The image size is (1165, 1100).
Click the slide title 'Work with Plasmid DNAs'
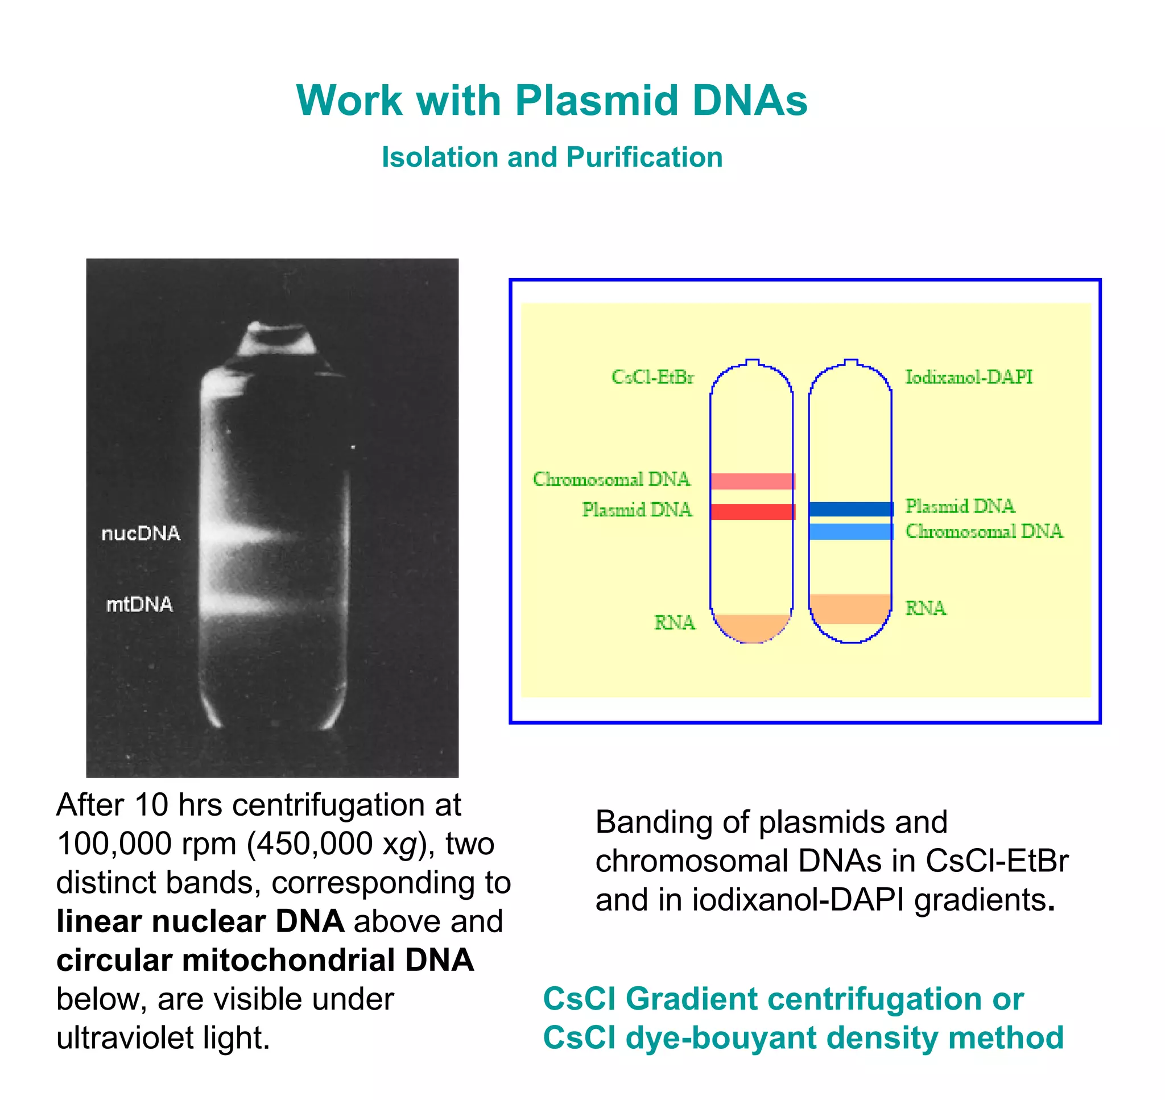pyautogui.click(x=552, y=100)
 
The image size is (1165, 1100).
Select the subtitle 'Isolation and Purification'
pyautogui.click(x=552, y=157)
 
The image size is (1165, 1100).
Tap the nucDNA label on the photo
pyautogui.click(x=141, y=534)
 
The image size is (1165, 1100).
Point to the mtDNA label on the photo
pyautogui.click(x=139, y=604)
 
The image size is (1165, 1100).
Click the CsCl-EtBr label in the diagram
pyautogui.click(x=652, y=377)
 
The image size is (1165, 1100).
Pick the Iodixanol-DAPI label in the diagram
pyautogui.click(x=969, y=377)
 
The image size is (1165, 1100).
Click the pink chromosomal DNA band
pyautogui.click(x=752, y=481)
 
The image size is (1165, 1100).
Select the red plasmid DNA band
pyautogui.click(x=752, y=511)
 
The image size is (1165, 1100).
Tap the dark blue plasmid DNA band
pyautogui.click(x=851, y=509)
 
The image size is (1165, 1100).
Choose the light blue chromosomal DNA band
pyautogui.click(x=851, y=531)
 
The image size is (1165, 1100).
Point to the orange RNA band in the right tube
pyautogui.click(x=850, y=609)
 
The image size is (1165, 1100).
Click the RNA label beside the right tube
pyautogui.click(x=926, y=608)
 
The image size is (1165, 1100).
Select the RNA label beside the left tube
pyautogui.click(x=675, y=622)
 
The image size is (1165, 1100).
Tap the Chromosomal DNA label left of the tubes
pyautogui.click(x=611, y=479)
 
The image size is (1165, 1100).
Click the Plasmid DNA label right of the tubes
pyautogui.click(x=960, y=506)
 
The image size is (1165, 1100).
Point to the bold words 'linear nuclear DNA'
pyautogui.click(x=200, y=921)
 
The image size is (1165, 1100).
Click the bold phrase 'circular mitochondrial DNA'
pyautogui.click(x=265, y=960)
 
